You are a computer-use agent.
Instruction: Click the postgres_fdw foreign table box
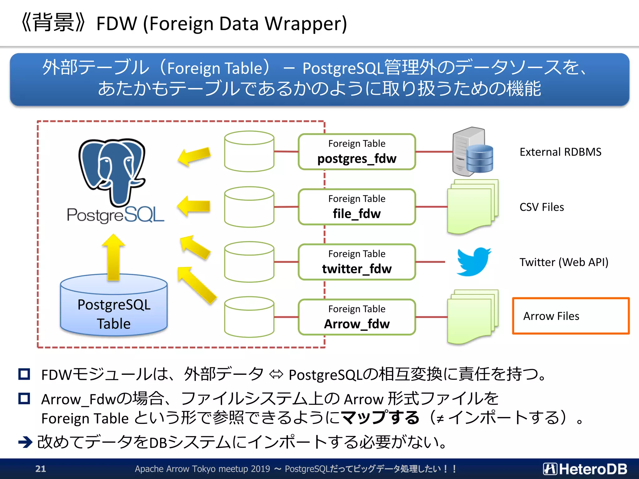[x=357, y=152]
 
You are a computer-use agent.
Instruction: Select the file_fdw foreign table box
[x=357, y=207]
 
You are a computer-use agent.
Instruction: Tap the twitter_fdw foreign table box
[x=357, y=262]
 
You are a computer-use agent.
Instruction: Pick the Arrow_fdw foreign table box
[x=357, y=317]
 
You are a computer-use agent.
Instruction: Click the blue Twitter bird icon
[x=473, y=262]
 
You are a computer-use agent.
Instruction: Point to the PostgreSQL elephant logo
[x=112, y=172]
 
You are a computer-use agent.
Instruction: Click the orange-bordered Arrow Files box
[x=571, y=316]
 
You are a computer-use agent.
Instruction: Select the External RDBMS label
[x=560, y=152]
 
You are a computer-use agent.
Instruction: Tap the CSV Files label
[x=542, y=207]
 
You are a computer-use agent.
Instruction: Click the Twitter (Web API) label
[x=564, y=262]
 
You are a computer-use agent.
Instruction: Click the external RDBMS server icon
[x=472, y=152]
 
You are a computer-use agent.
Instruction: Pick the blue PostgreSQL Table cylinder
[x=114, y=309]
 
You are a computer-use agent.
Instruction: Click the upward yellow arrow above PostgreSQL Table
[x=114, y=257]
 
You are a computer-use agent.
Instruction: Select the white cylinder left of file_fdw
[x=249, y=207]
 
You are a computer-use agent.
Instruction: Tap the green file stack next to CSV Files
[x=472, y=207]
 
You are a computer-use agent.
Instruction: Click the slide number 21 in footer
[x=41, y=469]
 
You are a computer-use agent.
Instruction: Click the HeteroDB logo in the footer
[x=585, y=469]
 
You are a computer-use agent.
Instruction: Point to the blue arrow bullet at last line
[x=25, y=442]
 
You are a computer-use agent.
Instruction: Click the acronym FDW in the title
[x=117, y=24]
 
